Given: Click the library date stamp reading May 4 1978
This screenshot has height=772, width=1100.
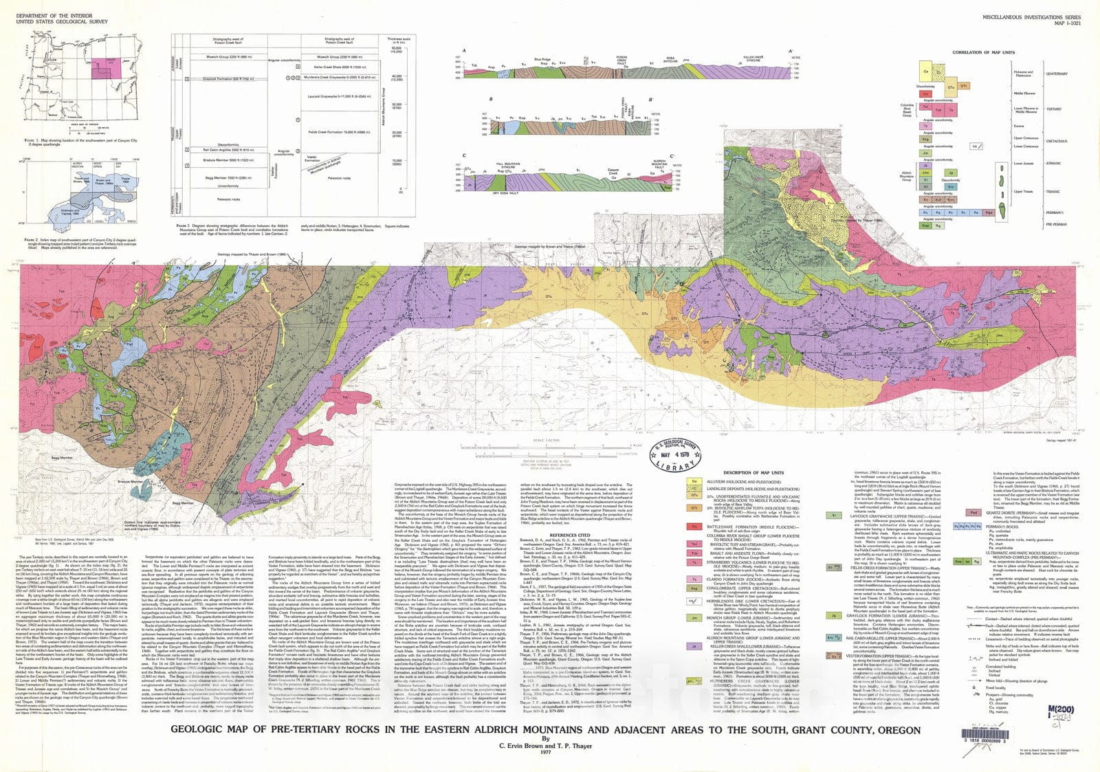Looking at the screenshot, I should click(x=675, y=454).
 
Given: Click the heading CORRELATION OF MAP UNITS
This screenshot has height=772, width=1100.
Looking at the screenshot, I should click(x=983, y=52).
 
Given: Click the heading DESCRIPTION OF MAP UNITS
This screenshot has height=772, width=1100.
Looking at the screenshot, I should click(x=753, y=472).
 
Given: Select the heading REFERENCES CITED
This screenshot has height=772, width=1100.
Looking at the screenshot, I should click(x=570, y=534).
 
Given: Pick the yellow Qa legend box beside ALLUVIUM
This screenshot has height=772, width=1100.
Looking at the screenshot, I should click(x=695, y=482).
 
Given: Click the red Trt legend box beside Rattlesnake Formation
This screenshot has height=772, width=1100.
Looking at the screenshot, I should click(x=695, y=527).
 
